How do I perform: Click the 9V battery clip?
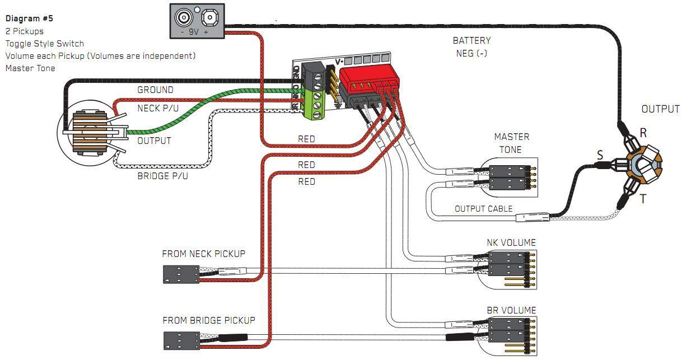click(x=197, y=21)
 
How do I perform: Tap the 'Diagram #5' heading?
click(x=29, y=18)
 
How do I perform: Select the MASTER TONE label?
click(x=511, y=143)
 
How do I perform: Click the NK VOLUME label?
click(x=511, y=242)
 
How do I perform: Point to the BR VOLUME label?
click(x=511, y=310)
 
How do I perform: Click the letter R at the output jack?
click(x=643, y=133)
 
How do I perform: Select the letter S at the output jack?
click(x=600, y=155)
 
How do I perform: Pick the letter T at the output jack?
click(x=643, y=199)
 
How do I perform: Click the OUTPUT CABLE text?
click(x=483, y=209)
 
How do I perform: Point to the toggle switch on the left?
click(x=90, y=133)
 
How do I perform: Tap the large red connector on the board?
click(x=368, y=80)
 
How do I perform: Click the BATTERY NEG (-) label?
click(x=471, y=46)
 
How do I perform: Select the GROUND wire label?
click(x=155, y=90)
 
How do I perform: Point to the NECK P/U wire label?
click(x=157, y=108)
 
